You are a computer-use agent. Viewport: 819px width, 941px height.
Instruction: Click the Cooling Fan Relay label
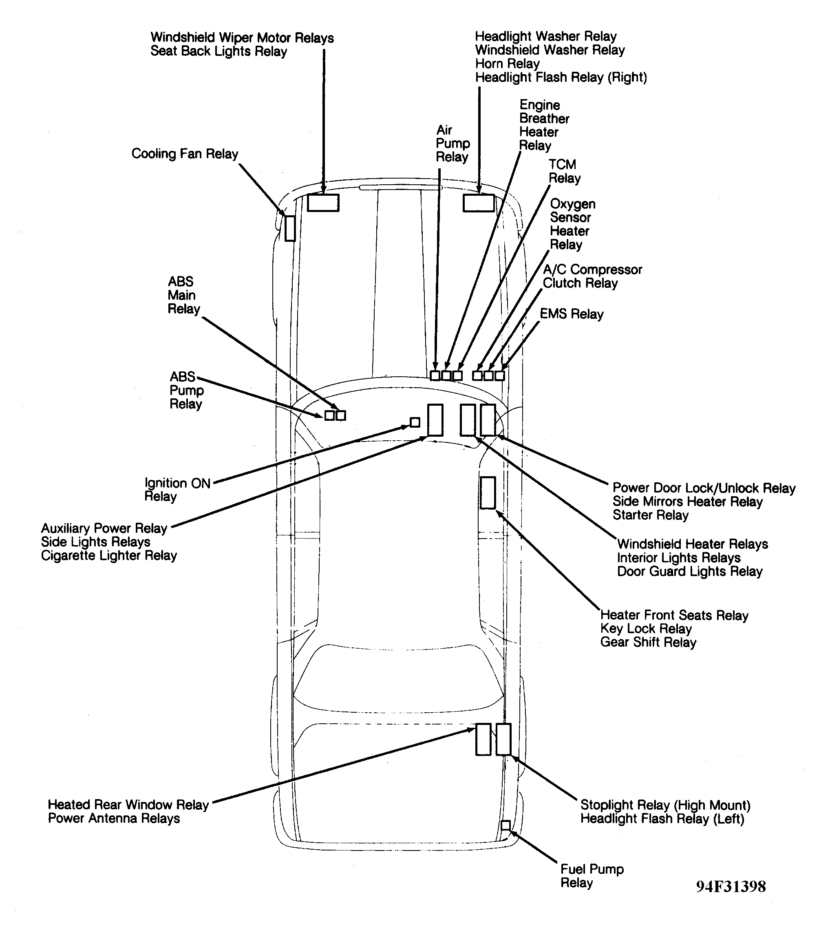[185, 154]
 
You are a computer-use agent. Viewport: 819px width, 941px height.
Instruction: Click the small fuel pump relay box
[505, 825]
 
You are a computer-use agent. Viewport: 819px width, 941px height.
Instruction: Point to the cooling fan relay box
[290, 228]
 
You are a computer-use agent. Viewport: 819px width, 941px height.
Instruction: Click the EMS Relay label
[571, 314]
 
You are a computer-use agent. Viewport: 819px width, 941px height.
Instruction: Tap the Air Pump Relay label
[452, 144]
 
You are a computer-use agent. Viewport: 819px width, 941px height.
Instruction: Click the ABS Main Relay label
[183, 295]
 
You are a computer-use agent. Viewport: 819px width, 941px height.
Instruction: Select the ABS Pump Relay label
[186, 390]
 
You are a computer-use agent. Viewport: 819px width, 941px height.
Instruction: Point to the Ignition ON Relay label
[177, 490]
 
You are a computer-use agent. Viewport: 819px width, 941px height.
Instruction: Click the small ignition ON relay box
[415, 422]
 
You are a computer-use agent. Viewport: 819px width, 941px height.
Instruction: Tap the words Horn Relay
[507, 64]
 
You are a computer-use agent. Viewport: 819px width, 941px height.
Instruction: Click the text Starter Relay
[650, 515]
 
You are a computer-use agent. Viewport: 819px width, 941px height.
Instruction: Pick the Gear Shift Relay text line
[648, 642]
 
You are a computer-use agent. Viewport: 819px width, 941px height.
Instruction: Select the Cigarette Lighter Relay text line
[109, 556]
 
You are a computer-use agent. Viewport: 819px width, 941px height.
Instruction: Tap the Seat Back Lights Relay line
[219, 51]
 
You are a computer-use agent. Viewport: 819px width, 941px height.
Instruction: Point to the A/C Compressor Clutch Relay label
[592, 276]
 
